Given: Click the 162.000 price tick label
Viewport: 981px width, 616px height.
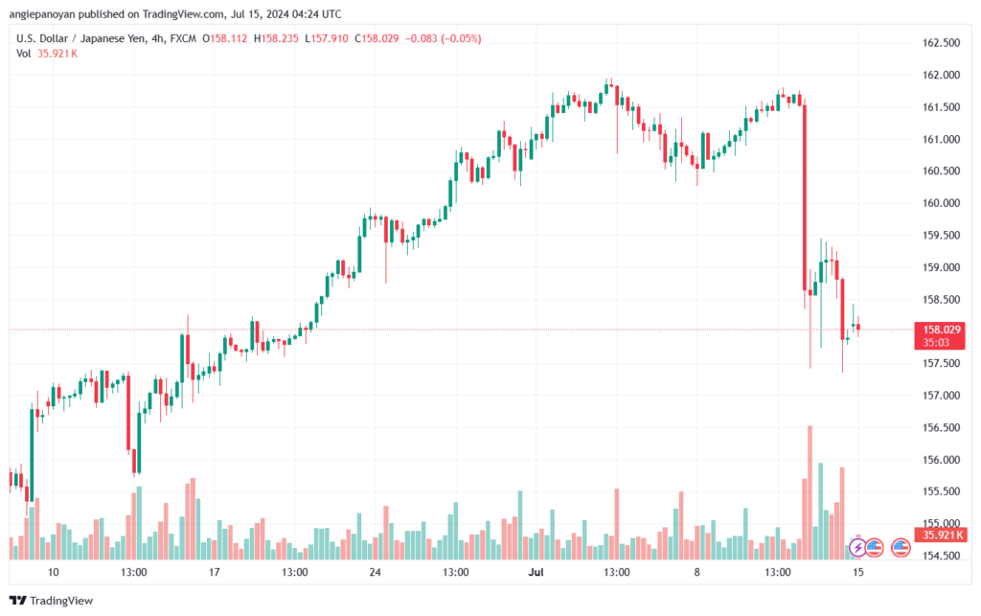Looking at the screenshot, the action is [x=941, y=75].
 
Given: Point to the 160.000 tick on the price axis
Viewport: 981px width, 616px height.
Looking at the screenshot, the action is [x=941, y=203].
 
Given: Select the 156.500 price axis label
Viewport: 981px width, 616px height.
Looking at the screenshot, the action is [x=941, y=428].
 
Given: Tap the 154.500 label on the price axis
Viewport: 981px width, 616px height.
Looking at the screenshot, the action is [x=941, y=556].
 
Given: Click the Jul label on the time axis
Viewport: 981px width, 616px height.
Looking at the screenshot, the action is [x=536, y=572].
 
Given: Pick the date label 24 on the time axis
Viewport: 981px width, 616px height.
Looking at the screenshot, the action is [x=375, y=572].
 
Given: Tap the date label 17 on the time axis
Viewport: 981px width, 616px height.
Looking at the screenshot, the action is [x=214, y=572].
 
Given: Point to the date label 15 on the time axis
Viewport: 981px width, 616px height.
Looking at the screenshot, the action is [x=857, y=572].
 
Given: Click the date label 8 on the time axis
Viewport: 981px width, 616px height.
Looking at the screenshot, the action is [x=697, y=572].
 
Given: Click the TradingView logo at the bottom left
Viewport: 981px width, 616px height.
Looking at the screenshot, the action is [x=52, y=601].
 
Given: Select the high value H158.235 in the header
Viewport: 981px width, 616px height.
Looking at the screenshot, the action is [x=276, y=38].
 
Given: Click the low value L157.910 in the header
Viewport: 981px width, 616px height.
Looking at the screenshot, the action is [x=327, y=38].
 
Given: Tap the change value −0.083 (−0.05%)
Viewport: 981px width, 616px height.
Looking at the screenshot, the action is [x=443, y=38].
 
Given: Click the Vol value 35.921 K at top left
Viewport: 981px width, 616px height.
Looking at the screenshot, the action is [x=57, y=54].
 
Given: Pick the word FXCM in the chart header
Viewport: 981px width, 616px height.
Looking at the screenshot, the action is [x=183, y=38].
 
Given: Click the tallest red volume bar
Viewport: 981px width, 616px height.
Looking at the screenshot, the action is [x=810, y=492].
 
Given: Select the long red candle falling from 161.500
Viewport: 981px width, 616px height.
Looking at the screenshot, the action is [x=805, y=197].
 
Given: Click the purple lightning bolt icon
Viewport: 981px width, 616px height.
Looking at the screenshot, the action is [x=857, y=548].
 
